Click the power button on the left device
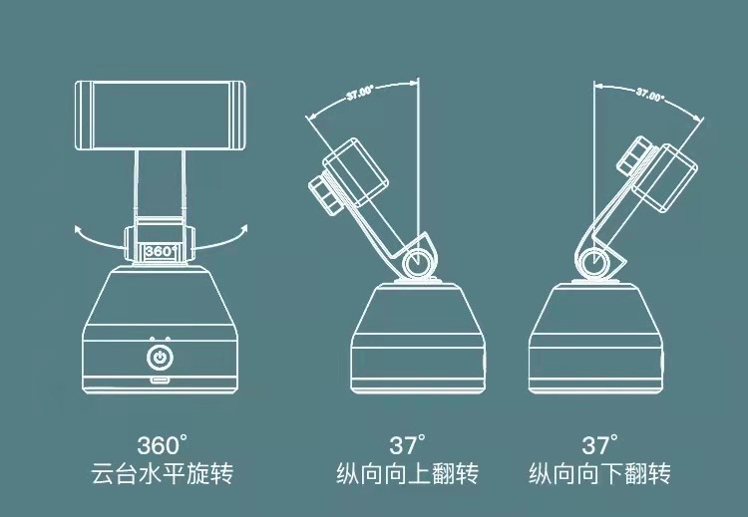click(x=160, y=356)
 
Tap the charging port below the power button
click(x=160, y=382)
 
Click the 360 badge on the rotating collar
click(x=160, y=251)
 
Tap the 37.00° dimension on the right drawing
click(x=649, y=96)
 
